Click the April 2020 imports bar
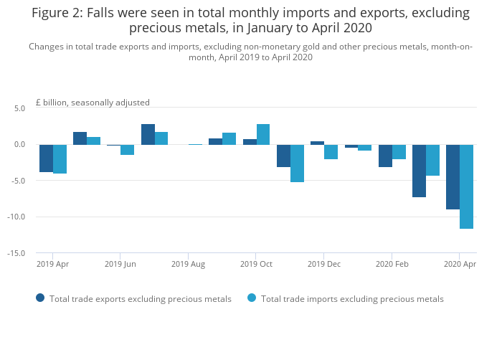[x=466, y=186]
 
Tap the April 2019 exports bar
[x=46, y=158]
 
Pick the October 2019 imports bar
[x=263, y=135]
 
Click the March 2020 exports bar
[x=419, y=171]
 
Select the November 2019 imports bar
[x=297, y=164]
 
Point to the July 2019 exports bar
[x=148, y=135]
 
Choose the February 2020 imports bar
[x=399, y=152]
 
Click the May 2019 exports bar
[x=80, y=138]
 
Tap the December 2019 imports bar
[x=331, y=152]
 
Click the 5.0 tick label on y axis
[x=19, y=108]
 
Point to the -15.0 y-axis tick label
[x=17, y=253]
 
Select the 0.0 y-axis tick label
[x=19, y=145]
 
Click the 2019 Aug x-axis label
[x=188, y=265]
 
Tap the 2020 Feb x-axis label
[x=392, y=265]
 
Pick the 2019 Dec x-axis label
[x=324, y=265]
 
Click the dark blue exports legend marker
[x=40, y=298]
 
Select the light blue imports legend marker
[x=252, y=298]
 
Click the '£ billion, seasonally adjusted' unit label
[x=93, y=103]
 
